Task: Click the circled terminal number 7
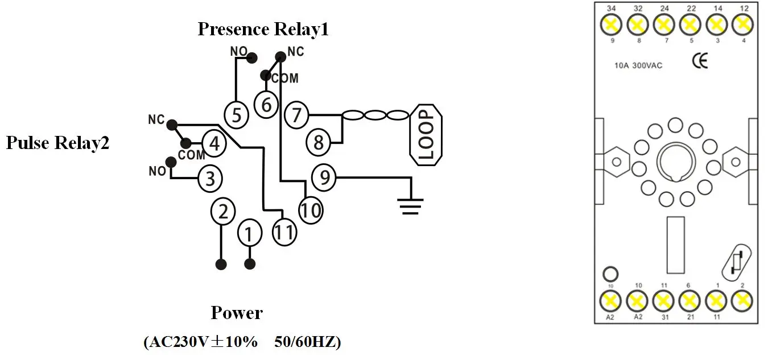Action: point(296,115)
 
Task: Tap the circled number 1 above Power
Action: point(249,233)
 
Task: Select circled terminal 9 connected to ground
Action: point(324,178)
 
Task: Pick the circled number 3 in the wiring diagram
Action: point(210,179)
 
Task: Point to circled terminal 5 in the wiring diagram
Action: point(237,115)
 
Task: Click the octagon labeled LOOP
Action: point(426,135)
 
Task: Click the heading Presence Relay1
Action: point(263,29)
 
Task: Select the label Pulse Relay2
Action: point(57,143)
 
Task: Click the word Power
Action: point(237,313)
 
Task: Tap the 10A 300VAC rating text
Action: point(638,65)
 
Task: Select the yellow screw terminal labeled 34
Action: point(610,24)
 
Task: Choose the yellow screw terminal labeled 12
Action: point(742,24)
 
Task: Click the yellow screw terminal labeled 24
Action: point(663,24)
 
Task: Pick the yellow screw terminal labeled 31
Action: point(663,299)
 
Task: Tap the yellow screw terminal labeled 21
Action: point(690,299)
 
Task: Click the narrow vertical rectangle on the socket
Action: point(675,245)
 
